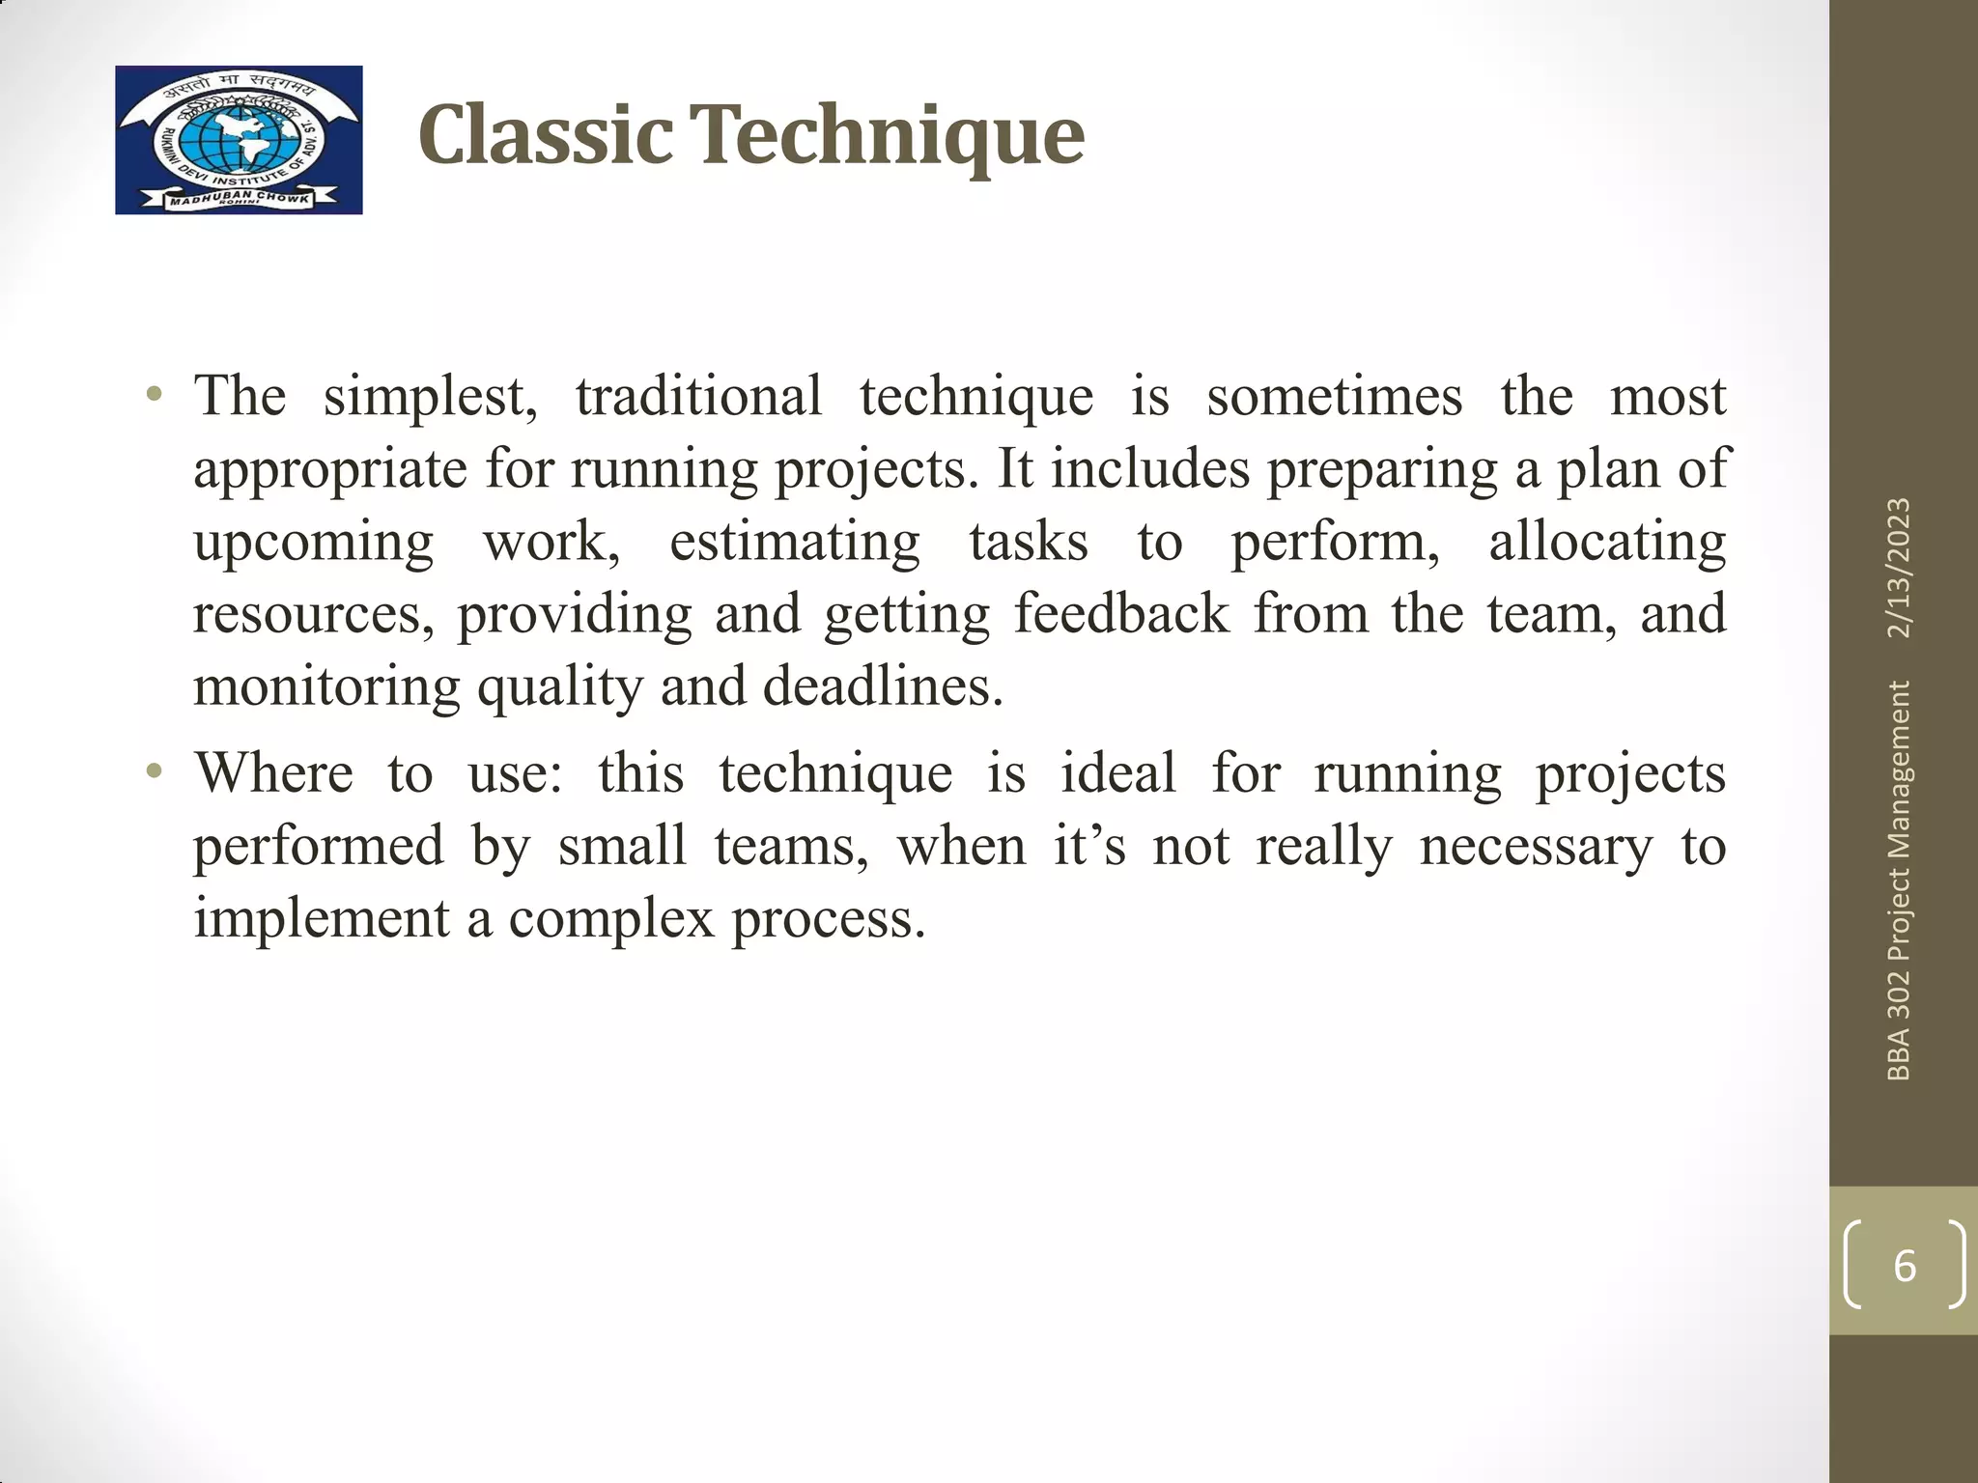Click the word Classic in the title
(x=546, y=135)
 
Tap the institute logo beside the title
(x=239, y=140)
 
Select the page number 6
(x=1904, y=1266)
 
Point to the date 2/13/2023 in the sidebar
(x=1899, y=568)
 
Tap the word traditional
(x=698, y=396)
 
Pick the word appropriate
(x=326, y=470)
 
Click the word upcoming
(x=313, y=543)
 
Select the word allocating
(x=1606, y=543)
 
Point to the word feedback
(x=1121, y=614)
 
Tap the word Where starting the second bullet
(x=273, y=773)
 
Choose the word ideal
(x=1117, y=773)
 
